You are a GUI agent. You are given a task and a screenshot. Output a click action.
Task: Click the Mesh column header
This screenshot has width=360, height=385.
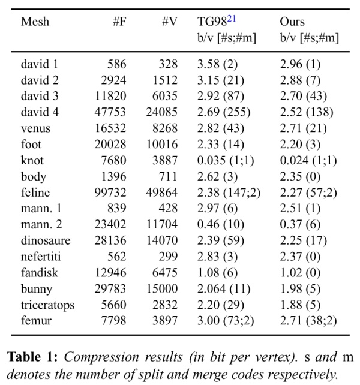pyautogui.click(x=35, y=22)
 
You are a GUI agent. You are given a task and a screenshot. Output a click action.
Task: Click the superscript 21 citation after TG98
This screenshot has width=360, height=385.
pyautogui.click(x=230, y=19)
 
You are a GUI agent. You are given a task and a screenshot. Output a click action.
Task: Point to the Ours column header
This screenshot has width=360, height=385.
pyautogui.click(x=292, y=22)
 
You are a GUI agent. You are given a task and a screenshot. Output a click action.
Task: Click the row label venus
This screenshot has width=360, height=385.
pyautogui.click(x=35, y=128)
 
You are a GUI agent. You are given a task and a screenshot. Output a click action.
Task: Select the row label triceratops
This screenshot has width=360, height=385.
pyautogui.click(x=47, y=305)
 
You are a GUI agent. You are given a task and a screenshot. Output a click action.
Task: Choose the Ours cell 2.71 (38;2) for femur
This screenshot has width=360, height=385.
pyautogui.click(x=308, y=321)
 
